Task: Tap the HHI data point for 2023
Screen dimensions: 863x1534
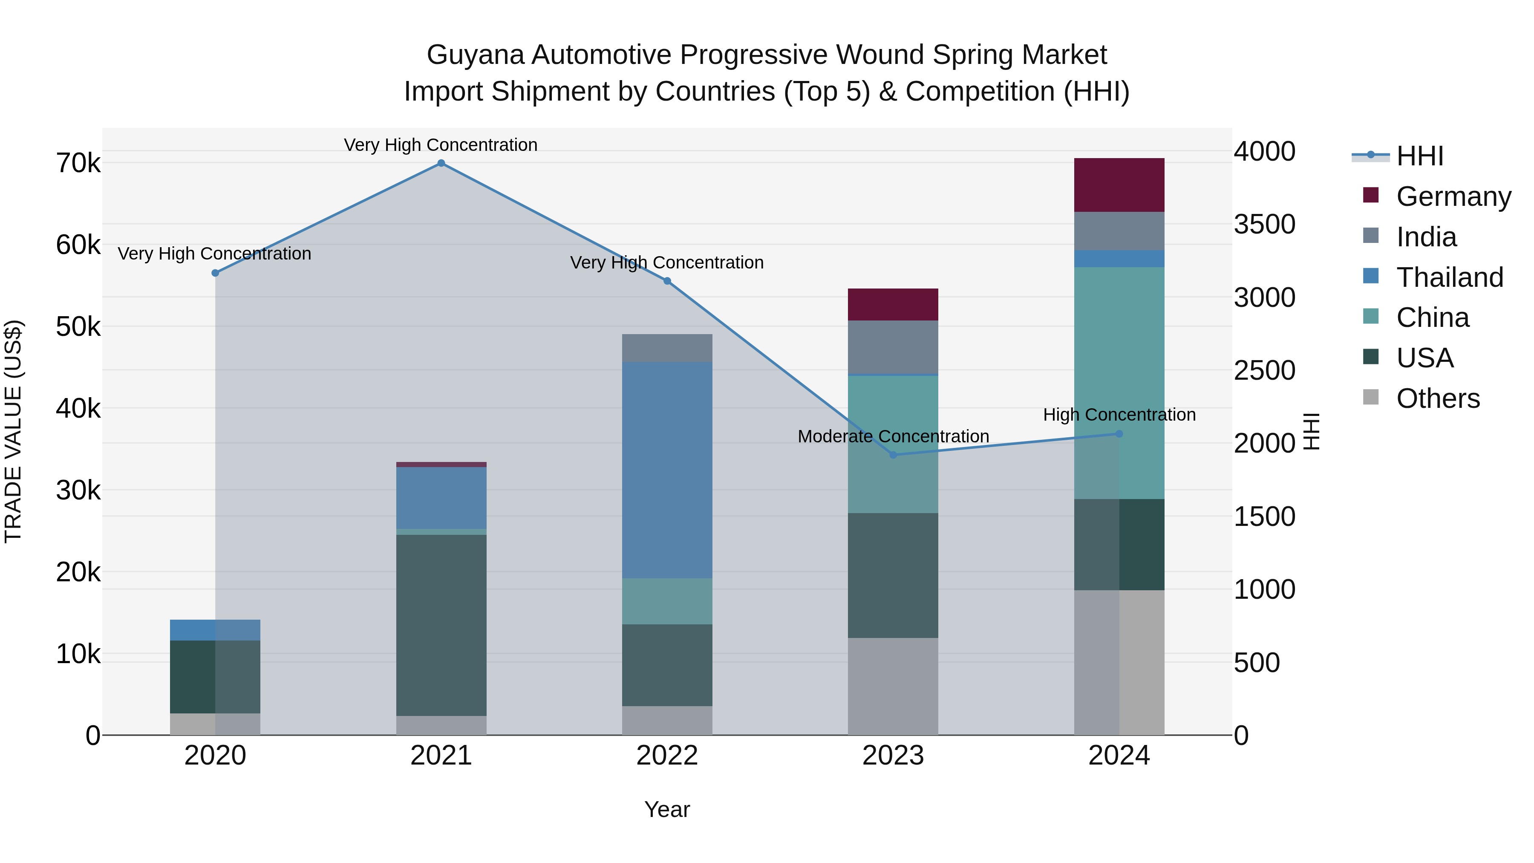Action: click(x=893, y=455)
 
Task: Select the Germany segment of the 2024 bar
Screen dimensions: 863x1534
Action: click(x=1119, y=185)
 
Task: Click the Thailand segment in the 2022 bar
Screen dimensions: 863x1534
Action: click(x=667, y=470)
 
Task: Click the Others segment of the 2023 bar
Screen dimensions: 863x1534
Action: click(x=893, y=686)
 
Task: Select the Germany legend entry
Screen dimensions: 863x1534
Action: click(x=1453, y=196)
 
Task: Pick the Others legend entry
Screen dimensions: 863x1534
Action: click(x=1438, y=398)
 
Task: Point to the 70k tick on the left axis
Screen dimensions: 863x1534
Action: click(x=78, y=163)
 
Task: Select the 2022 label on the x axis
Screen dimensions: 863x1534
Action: click(x=667, y=756)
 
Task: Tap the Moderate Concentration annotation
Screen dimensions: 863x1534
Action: click(x=893, y=436)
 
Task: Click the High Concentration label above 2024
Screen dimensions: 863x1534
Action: click(x=1119, y=415)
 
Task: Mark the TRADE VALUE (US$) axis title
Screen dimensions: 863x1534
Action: click(x=14, y=431)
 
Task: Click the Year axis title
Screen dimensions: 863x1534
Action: click(x=667, y=809)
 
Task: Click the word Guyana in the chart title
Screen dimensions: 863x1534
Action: click(x=475, y=55)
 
